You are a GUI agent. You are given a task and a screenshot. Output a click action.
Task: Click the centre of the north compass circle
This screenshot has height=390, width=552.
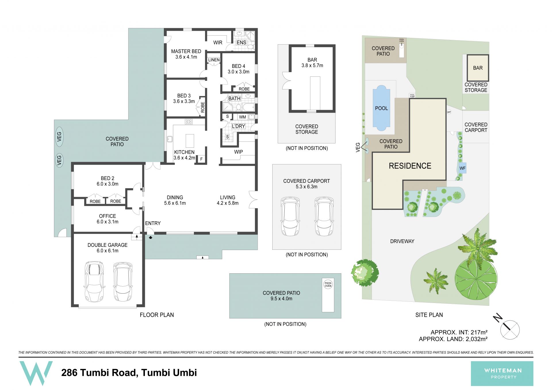(510, 330)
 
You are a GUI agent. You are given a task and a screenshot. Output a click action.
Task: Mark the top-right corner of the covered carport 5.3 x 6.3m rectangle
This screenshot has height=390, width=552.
(341, 164)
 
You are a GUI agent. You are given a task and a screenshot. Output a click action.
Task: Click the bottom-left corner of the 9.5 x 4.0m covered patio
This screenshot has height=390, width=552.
(229, 318)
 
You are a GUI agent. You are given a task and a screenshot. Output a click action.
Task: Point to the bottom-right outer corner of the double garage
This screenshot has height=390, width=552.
(145, 307)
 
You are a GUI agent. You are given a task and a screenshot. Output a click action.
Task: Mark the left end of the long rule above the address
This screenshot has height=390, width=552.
(19, 357)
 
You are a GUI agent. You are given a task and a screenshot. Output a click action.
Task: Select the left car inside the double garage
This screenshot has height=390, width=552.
(94, 281)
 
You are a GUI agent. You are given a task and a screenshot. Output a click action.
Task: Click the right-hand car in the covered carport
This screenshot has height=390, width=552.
(324, 216)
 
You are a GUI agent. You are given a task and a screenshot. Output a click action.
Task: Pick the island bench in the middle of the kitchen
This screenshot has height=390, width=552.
(190, 141)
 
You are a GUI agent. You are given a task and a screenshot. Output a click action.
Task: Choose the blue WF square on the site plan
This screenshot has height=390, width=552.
(462, 168)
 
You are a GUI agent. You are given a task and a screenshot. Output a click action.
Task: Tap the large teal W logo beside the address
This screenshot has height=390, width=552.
(36, 373)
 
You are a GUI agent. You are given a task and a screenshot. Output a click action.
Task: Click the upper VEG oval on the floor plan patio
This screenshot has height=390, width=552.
(59, 137)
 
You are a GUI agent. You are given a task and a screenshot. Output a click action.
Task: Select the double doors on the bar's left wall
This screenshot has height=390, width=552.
(286, 81)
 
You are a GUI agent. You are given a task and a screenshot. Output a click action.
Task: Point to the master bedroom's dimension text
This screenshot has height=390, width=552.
(186, 57)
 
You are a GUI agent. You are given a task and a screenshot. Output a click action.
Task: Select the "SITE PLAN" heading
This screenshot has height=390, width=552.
(429, 315)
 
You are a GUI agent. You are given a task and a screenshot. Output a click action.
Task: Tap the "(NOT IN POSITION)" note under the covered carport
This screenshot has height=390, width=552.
(307, 255)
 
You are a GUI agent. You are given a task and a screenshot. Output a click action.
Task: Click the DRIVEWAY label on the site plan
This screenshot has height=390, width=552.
(402, 241)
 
